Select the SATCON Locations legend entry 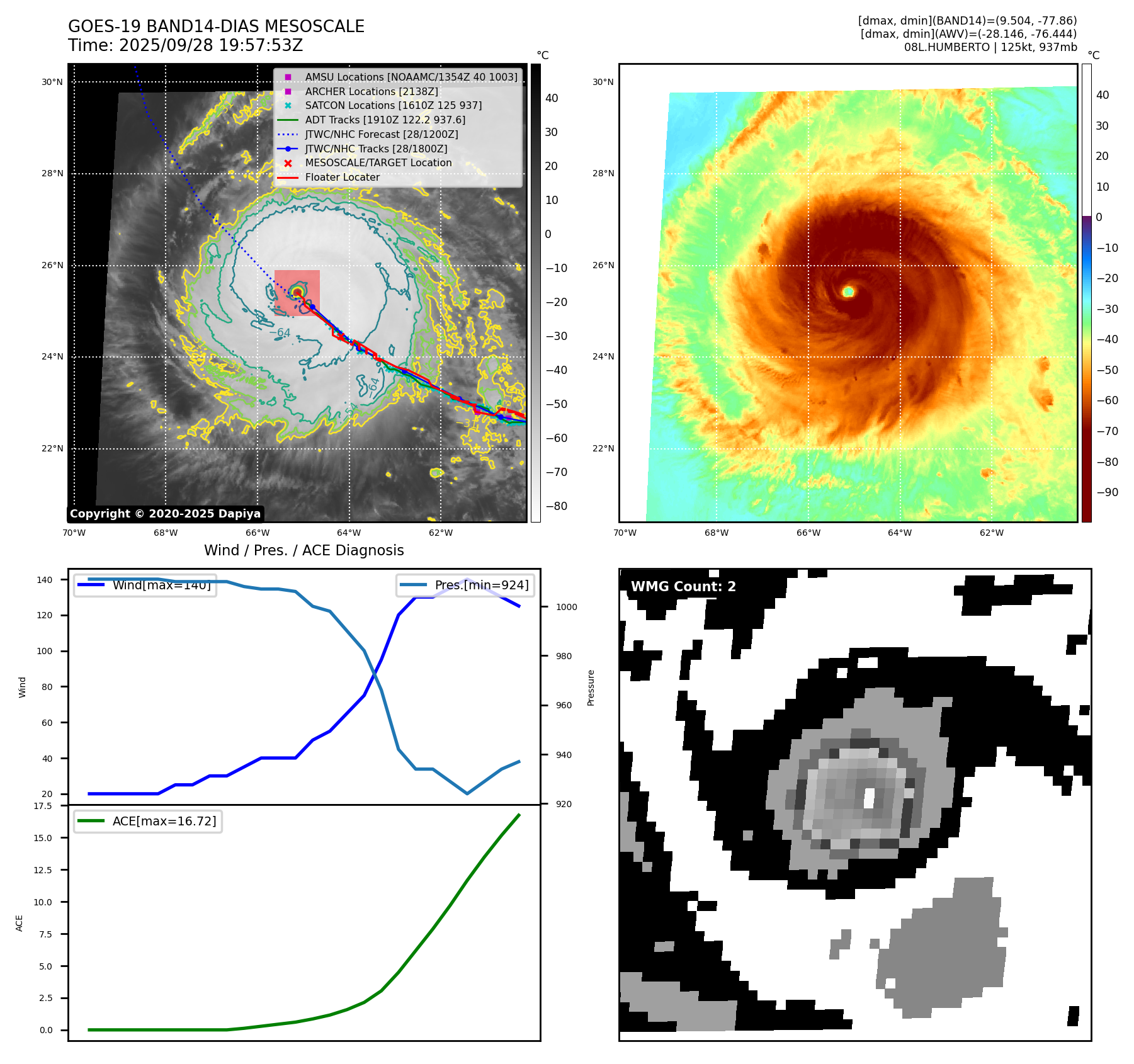pyautogui.click(x=393, y=106)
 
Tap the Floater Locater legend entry pyautogui.click(x=342, y=178)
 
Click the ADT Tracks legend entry pyautogui.click(x=385, y=120)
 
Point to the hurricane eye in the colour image pyautogui.click(x=848, y=291)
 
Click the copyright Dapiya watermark pyautogui.click(x=165, y=514)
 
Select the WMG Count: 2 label pyautogui.click(x=683, y=587)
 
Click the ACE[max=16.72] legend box pyautogui.click(x=148, y=821)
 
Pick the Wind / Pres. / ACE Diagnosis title pyautogui.click(x=303, y=550)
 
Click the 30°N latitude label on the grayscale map pyautogui.click(x=52, y=82)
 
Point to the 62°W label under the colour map pyautogui.click(x=991, y=533)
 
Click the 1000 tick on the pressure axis pyautogui.click(x=566, y=607)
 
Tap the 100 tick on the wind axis pyautogui.click(x=44, y=651)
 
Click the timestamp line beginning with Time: pyautogui.click(x=185, y=45)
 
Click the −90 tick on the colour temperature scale pyautogui.click(x=1107, y=492)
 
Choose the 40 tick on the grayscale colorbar pyautogui.click(x=552, y=98)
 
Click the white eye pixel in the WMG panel pyautogui.click(x=870, y=798)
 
